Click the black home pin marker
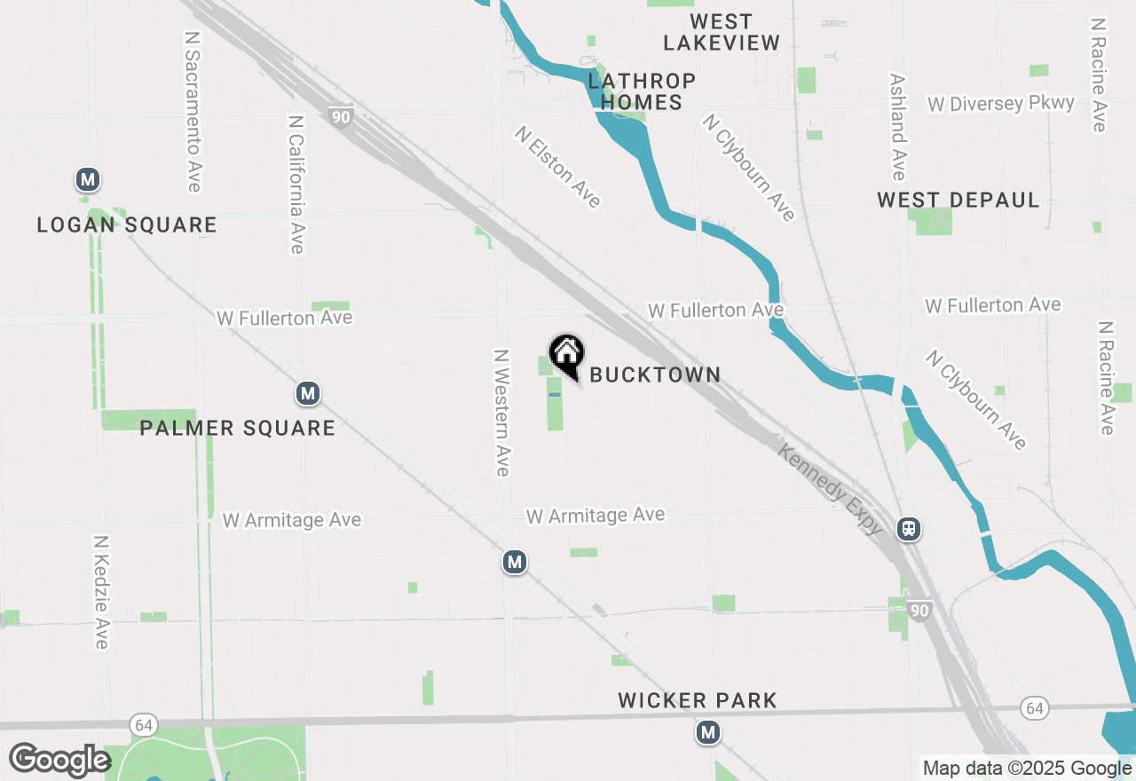(x=566, y=353)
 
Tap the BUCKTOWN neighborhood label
(x=655, y=375)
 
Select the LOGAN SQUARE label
(x=127, y=225)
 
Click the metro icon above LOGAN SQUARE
(x=87, y=180)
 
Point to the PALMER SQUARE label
(x=238, y=429)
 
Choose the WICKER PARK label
(x=698, y=701)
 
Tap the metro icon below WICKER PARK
(x=707, y=732)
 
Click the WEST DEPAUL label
(x=958, y=201)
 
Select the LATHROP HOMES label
(x=641, y=91)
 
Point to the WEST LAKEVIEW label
(x=722, y=32)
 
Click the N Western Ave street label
(x=502, y=412)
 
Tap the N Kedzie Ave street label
(x=101, y=591)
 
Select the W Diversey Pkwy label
(x=1001, y=104)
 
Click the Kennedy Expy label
(x=830, y=489)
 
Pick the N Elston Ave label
(x=558, y=167)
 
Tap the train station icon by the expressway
(x=909, y=530)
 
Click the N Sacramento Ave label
(x=193, y=112)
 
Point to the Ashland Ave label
(x=897, y=126)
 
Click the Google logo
(x=59, y=760)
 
